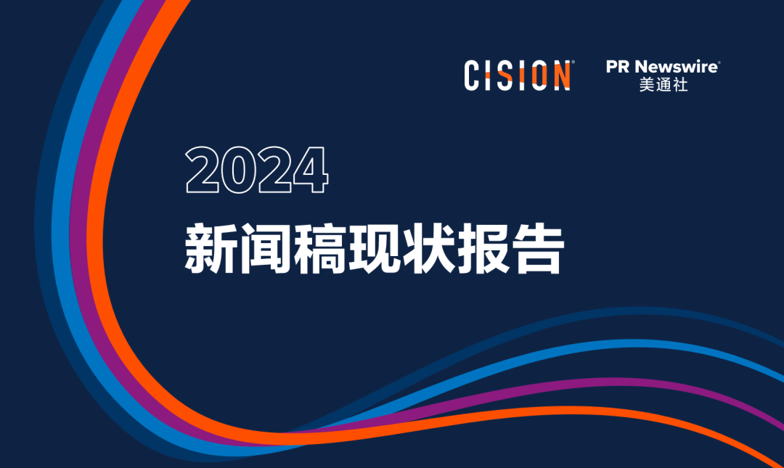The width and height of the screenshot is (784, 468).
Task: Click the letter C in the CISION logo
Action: click(475, 75)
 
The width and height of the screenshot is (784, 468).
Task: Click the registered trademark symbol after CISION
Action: click(573, 63)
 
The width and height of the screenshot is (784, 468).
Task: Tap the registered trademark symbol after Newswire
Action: click(719, 62)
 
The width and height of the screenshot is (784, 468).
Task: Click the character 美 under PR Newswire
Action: click(647, 85)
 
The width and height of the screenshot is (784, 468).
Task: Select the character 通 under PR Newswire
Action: click(663, 85)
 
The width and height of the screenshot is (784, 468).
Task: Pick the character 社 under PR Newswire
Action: click(680, 85)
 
